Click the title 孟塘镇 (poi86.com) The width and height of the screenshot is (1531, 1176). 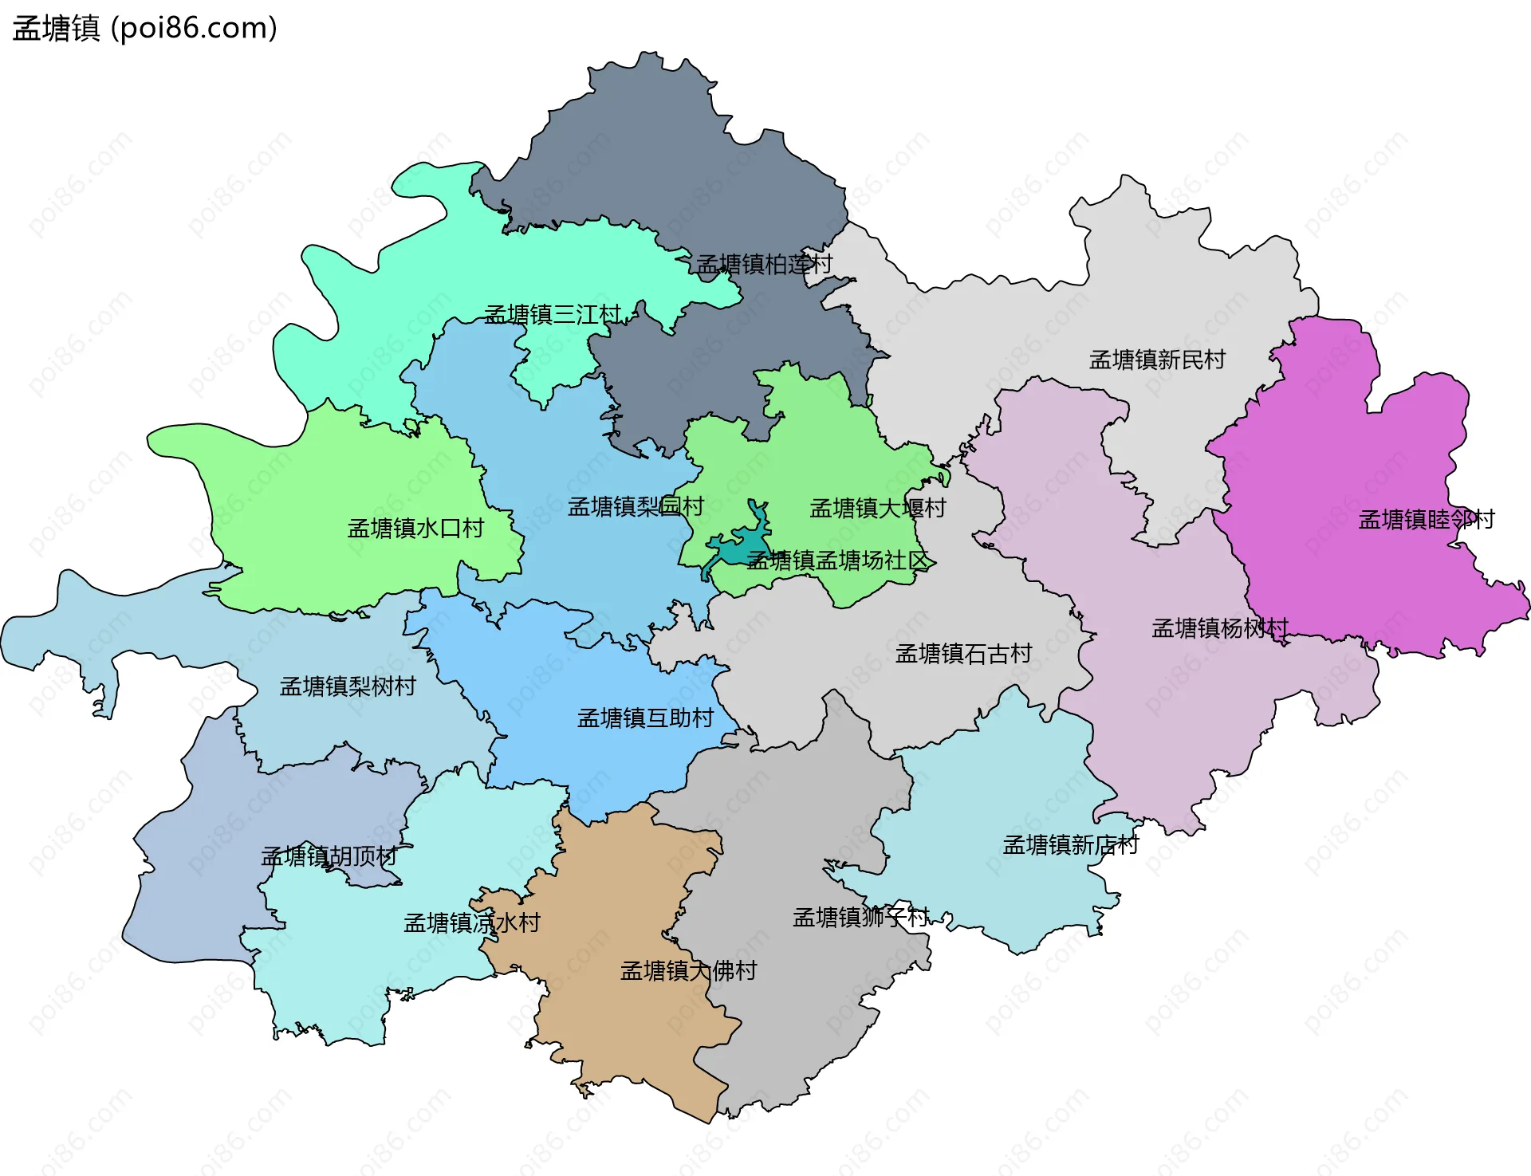pyautogui.click(x=144, y=29)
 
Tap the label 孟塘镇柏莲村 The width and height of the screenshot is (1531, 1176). pyautogui.click(x=764, y=264)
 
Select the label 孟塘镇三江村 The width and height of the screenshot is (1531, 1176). pyautogui.click(x=552, y=314)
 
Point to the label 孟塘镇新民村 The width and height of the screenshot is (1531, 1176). pyautogui.click(x=1156, y=360)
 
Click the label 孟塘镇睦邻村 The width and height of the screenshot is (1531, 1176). pyautogui.click(x=1426, y=520)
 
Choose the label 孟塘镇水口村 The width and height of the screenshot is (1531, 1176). pyautogui.click(x=415, y=528)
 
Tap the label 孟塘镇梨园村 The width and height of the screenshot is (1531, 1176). pyautogui.click(x=635, y=506)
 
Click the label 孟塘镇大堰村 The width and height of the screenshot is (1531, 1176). pyautogui.click(x=877, y=508)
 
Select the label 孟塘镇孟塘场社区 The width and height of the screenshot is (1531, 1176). pyautogui.click(x=837, y=560)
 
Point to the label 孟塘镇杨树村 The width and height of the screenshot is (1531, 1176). pyautogui.click(x=1219, y=628)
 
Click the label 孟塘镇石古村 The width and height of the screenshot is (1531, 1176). pyautogui.click(x=962, y=654)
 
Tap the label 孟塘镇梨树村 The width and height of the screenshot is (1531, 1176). pyautogui.click(x=347, y=686)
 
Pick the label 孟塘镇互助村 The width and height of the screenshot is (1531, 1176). pyautogui.click(x=644, y=718)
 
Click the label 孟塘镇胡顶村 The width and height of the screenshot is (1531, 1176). pyautogui.click(x=329, y=856)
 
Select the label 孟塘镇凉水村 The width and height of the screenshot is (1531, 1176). pyautogui.click(x=471, y=922)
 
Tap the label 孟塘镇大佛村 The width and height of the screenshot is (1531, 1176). pyautogui.click(x=687, y=970)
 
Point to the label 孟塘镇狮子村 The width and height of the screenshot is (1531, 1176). pyautogui.click(x=860, y=917)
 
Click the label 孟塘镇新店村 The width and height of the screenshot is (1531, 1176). pyautogui.click(x=1070, y=844)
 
